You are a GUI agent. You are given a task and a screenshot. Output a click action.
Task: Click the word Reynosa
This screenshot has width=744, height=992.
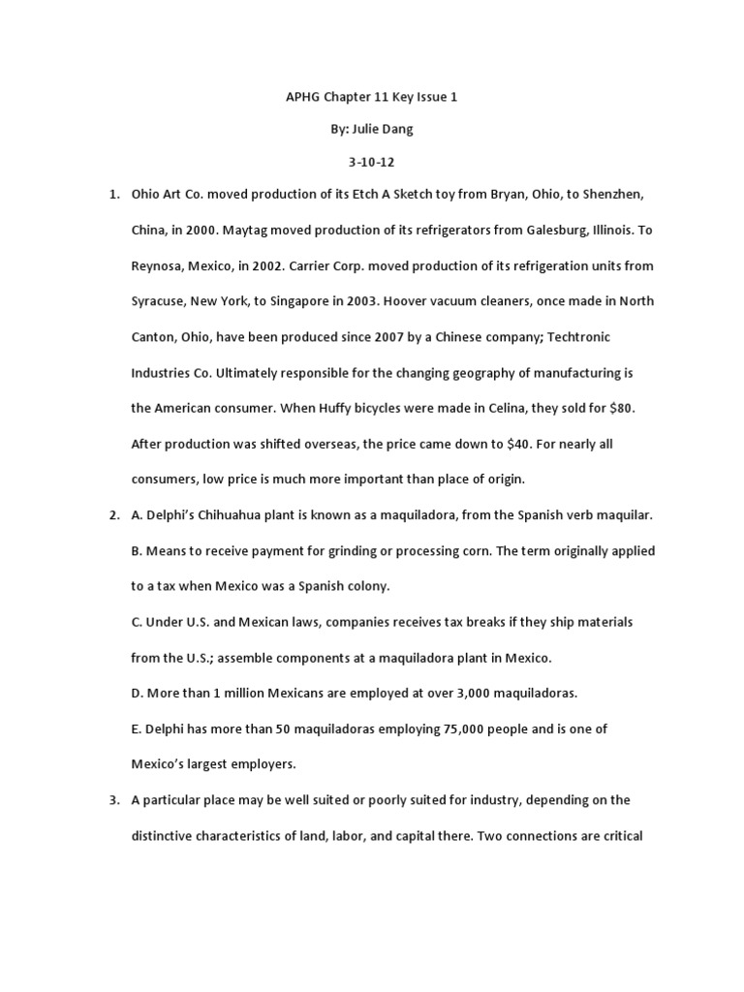pyautogui.click(x=159, y=265)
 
